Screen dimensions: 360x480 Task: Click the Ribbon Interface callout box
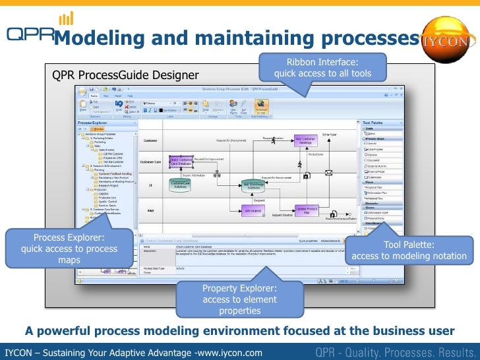click(x=322, y=67)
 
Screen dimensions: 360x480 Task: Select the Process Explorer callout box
click(x=69, y=249)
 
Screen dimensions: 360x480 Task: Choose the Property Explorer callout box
click(x=239, y=299)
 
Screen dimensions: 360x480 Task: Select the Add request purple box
click(x=253, y=210)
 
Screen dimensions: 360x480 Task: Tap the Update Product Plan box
click(x=307, y=210)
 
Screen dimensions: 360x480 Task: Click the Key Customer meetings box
click(x=307, y=141)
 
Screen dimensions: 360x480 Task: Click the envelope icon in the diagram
click(x=328, y=173)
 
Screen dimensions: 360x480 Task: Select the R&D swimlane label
click(x=150, y=210)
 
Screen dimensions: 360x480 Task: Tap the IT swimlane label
click(x=150, y=186)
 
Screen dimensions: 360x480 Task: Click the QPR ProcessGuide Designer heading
click(x=125, y=75)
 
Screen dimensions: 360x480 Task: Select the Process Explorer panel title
click(x=92, y=123)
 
